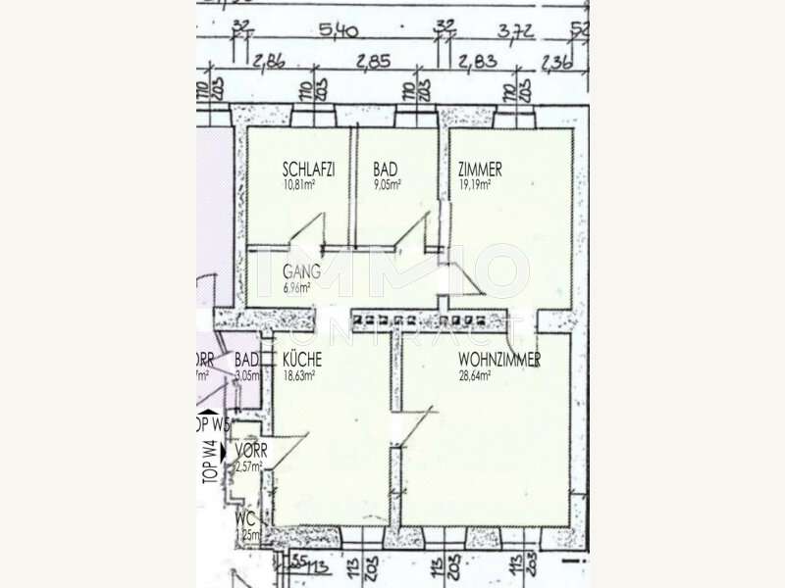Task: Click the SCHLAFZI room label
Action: pos(308,170)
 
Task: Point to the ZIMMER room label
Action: pos(480,170)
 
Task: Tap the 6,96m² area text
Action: pos(296,288)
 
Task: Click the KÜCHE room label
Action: pos(303,361)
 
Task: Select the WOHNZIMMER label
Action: pos(499,361)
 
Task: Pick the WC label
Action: pos(245,519)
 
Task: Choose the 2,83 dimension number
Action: pos(476,62)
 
